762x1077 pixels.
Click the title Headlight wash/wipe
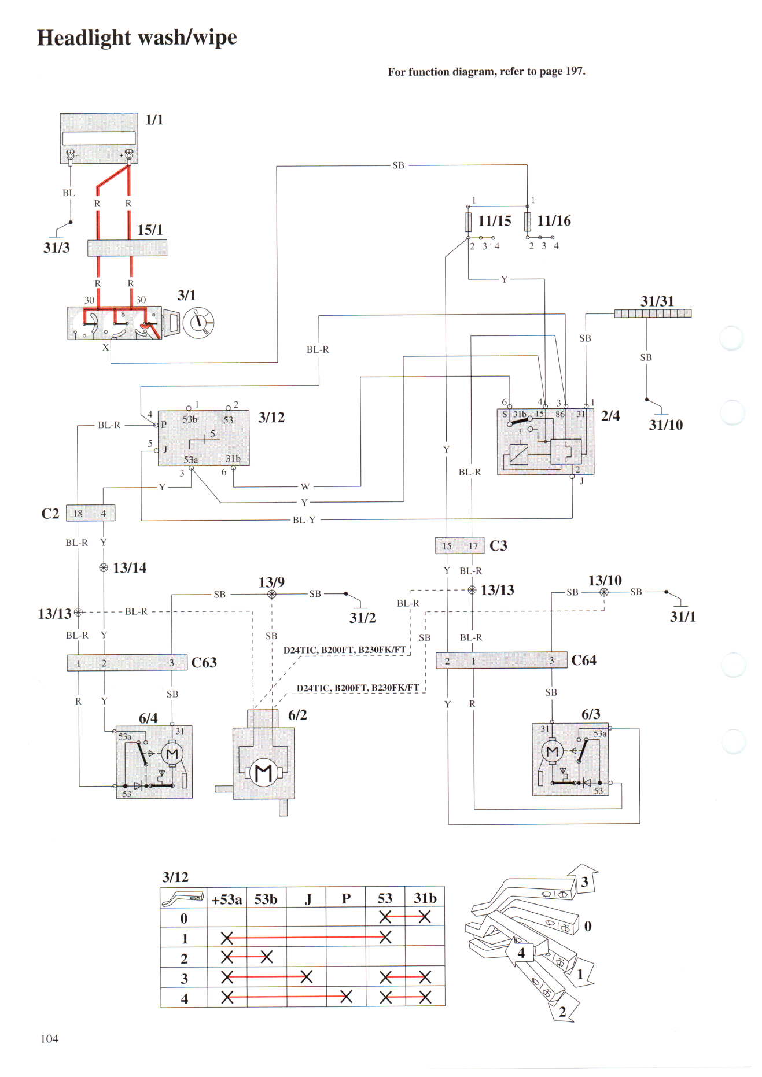click(137, 38)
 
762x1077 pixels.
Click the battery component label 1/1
click(154, 120)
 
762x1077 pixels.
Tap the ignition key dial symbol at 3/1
click(198, 322)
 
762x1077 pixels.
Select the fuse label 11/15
click(494, 221)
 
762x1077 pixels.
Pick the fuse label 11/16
click(554, 221)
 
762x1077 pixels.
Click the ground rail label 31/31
click(657, 301)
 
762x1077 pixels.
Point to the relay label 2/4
click(610, 416)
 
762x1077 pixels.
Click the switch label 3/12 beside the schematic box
click(271, 418)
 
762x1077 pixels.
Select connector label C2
click(50, 514)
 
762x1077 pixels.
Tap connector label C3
click(498, 545)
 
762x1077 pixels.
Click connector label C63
click(204, 663)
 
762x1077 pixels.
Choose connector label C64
click(583, 661)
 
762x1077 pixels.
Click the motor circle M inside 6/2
click(263, 773)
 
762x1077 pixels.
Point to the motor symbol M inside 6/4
click(172, 754)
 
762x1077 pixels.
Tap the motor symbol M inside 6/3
click(552, 751)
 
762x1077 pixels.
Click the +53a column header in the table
click(227, 899)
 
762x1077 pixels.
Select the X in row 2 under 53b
click(266, 957)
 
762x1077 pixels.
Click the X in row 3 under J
click(306, 977)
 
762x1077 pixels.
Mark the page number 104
click(49, 1039)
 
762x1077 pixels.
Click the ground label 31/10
click(665, 425)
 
